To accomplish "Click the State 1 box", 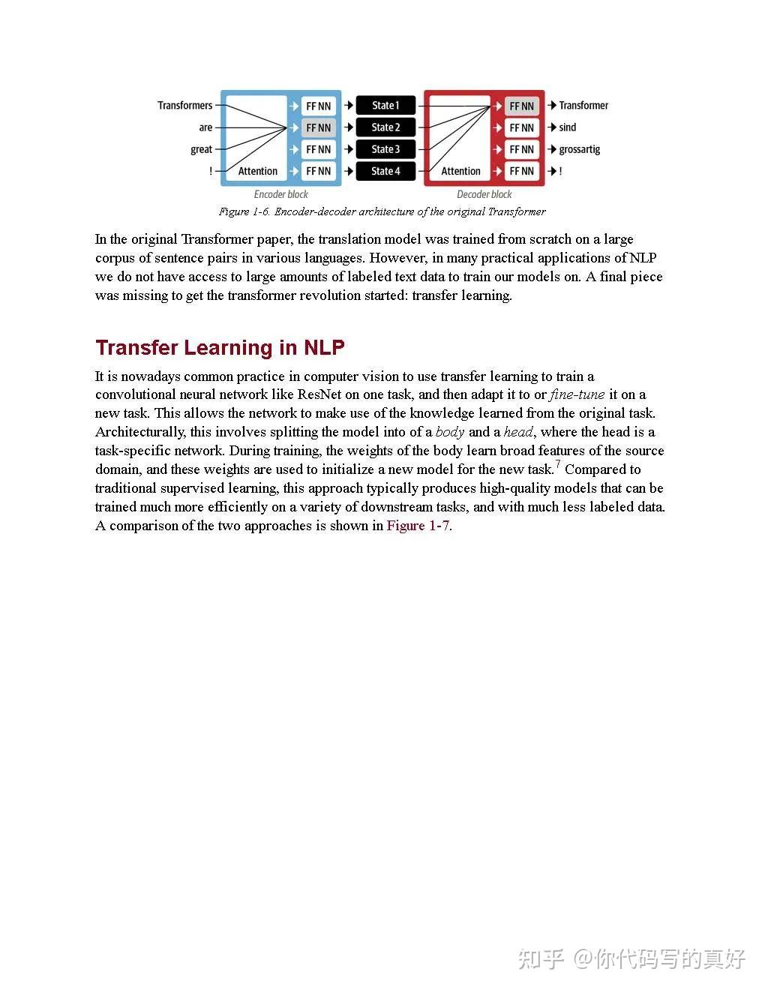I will coord(385,106).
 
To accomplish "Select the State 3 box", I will coord(385,149).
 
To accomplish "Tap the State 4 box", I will coord(385,171).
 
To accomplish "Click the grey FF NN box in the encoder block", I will coord(318,127).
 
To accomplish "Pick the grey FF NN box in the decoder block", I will coord(521,106).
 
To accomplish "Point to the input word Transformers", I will coord(184,106).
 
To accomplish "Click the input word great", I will coord(201,149).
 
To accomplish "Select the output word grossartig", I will coord(579,149).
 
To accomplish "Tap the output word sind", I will coord(567,127).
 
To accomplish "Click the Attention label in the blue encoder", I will coord(257,172).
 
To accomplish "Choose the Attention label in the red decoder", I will coord(460,172).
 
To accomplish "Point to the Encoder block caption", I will coord(281,194).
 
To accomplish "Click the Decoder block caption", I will coord(484,194).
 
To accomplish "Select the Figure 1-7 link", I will coord(418,526).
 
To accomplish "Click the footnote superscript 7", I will coord(558,465).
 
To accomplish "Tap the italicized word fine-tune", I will coord(577,394).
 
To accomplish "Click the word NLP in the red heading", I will coord(324,348).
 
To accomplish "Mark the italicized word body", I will coord(450,432).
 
